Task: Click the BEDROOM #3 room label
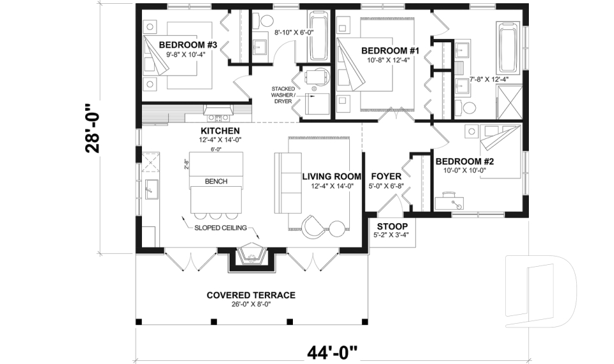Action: click(x=188, y=45)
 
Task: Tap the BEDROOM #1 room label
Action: click(x=390, y=51)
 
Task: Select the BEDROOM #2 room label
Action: click(x=465, y=161)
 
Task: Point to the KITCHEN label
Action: click(x=220, y=131)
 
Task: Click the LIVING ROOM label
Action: click(x=331, y=177)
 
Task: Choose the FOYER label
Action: click(x=386, y=177)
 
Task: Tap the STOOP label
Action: click(x=392, y=226)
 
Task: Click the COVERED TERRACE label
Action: click(x=251, y=295)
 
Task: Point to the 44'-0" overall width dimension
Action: click(x=333, y=352)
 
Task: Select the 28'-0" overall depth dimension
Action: click(x=93, y=128)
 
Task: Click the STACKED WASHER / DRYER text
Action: click(x=283, y=95)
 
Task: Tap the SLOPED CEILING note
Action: click(x=221, y=228)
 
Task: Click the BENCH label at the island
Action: click(x=216, y=182)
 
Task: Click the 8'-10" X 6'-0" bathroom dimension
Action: click(x=294, y=33)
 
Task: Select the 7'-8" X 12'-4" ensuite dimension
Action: click(x=489, y=79)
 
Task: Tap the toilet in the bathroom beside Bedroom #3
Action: click(x=263, y=20)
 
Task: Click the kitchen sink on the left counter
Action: click(x=151, y=189)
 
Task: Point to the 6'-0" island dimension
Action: click(x=216, y=149)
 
